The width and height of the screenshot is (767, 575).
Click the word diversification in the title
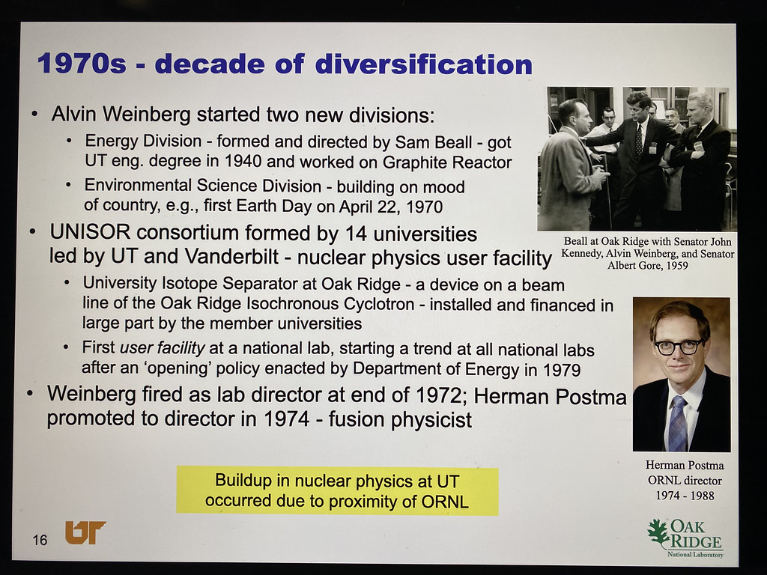(424, 64)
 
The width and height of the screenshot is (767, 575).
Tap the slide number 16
(40, 540)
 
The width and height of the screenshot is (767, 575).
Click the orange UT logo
(85, 532)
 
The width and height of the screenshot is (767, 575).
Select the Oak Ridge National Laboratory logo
(686, 538)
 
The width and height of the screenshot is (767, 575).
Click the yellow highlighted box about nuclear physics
(337, 490)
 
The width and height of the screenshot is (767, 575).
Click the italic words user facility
(163, 347)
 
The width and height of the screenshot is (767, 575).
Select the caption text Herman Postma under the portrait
(685, 465)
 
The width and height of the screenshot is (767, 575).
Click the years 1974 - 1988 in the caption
(685, 496)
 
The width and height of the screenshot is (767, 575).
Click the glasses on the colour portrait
(679, 346)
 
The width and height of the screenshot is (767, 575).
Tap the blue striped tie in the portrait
(677, 424)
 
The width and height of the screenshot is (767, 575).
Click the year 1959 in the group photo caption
(676, 266)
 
